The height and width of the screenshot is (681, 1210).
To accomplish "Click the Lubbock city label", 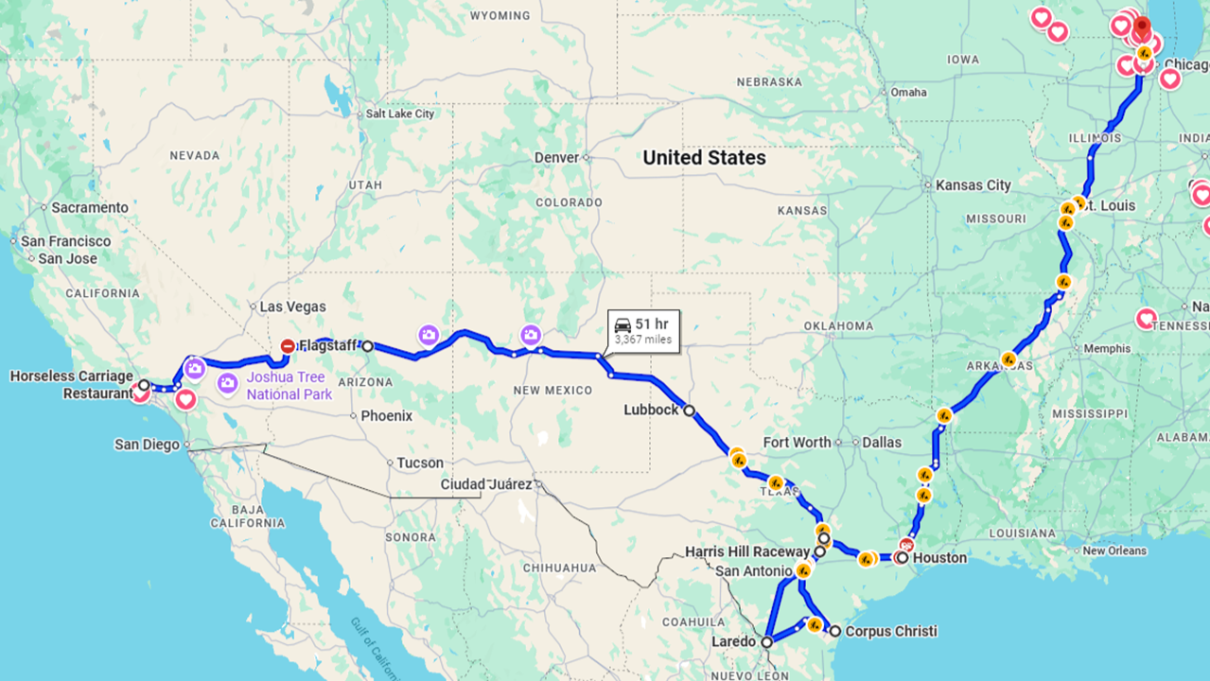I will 651,410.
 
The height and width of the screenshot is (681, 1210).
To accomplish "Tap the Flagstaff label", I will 327,346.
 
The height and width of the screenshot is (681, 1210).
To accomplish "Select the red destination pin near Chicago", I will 1142,26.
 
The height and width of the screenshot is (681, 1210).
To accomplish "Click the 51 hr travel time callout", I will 643,331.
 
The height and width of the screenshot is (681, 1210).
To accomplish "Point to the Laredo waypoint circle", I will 767,641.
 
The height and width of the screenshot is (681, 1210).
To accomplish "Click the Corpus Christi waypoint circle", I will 835,631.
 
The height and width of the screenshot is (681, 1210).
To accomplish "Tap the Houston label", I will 940,558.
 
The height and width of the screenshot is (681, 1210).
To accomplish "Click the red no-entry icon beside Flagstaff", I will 288,346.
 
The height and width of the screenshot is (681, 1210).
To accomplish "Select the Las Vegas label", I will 293,306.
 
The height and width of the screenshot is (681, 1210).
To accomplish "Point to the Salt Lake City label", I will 400,113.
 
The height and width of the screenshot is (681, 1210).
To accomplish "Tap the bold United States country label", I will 704,158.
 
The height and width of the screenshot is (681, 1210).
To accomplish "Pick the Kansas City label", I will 973,185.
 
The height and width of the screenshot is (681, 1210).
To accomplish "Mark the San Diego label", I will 147,445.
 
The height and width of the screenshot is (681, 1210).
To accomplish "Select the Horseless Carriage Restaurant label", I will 71,385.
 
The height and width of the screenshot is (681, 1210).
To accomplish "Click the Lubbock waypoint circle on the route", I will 690,410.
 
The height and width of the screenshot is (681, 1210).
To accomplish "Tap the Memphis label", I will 1107,348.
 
